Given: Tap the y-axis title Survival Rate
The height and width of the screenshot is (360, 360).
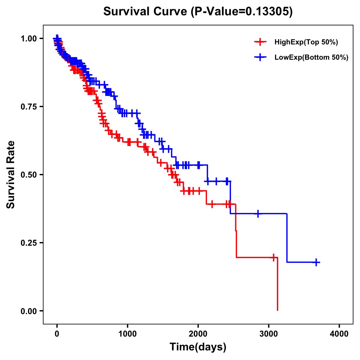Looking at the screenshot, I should click(11, 174).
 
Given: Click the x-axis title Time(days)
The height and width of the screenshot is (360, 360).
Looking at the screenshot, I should click(198, 347).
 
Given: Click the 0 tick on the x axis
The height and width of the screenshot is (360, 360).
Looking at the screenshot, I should click(57, 334).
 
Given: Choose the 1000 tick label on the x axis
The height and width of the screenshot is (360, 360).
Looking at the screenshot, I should click(127, 334).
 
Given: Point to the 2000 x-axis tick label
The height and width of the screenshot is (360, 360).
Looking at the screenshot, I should click(198, 334).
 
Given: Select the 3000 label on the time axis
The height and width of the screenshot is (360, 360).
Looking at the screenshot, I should click(268, 334).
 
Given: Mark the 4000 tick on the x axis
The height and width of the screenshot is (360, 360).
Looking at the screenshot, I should click(339, 334).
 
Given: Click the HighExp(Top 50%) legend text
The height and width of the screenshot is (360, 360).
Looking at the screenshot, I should click(306, 42).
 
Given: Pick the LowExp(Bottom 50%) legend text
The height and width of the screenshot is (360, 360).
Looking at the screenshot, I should click(311, 58).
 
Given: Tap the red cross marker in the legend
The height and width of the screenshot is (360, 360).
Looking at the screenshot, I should click(260, 42).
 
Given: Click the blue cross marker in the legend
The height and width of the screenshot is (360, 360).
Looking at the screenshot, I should click(260, 57).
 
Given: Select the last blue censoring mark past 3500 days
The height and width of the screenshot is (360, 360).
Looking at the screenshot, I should click(316, 262).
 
